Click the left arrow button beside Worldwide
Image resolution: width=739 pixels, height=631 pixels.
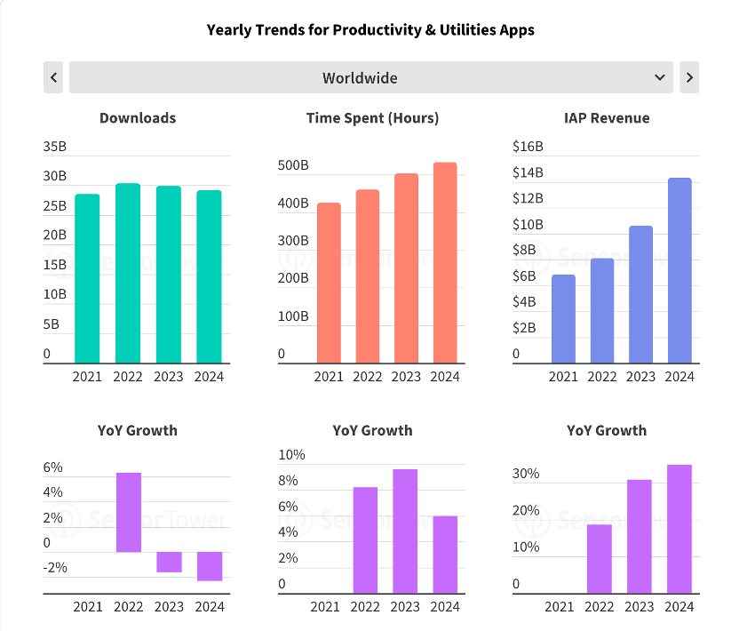tap(54, 77)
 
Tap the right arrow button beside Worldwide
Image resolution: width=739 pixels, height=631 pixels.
tap(689, 77)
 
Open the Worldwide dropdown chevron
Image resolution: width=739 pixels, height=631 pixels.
tap(660, 77)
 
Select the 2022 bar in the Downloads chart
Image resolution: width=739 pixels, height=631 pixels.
tap(128, 273)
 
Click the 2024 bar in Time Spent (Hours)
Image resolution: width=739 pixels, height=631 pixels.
tap(445, 262)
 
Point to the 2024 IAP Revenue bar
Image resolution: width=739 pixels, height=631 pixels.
tap(679, 270)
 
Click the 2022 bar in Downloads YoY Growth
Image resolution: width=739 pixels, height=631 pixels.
tap(129, 512)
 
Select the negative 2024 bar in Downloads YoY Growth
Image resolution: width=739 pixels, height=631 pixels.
tap(210, 566)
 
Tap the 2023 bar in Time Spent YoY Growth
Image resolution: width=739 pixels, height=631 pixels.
tap(405, 531)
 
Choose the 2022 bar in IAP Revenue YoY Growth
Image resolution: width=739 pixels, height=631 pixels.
tap(600, 558)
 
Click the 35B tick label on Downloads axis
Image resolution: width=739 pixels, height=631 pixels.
tap(55, 147)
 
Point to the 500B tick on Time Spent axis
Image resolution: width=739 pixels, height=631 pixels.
tap(293, 165)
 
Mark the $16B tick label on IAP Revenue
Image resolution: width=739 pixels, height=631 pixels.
tap(528, 147)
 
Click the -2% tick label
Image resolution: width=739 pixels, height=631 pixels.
tap(55, 568)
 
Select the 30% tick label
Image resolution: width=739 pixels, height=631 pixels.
tap(526, 474)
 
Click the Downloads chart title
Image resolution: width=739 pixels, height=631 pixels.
tap(138, 118)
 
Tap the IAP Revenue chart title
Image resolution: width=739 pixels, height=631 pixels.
tap(607, 118)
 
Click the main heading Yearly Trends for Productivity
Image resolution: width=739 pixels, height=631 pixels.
tap(370, 30)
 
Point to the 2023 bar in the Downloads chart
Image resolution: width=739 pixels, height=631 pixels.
tap(169, 274)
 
